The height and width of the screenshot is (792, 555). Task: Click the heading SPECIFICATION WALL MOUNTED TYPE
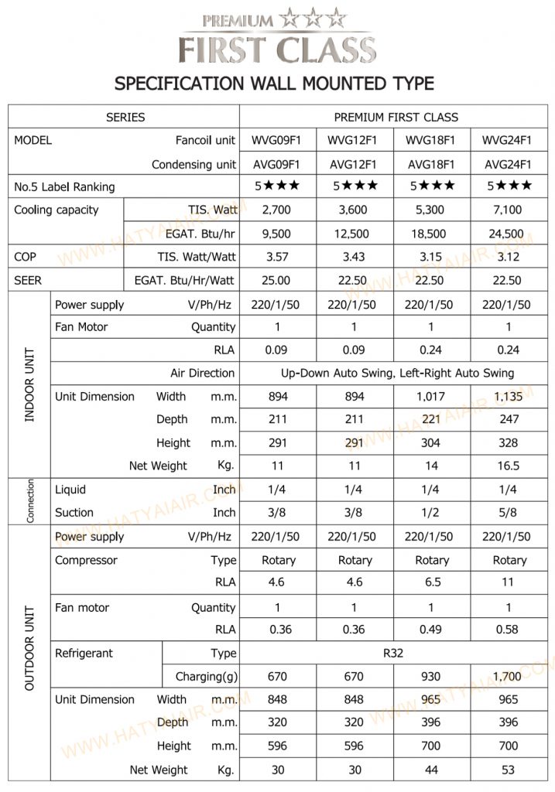pyautogui.click(x=274, y=83)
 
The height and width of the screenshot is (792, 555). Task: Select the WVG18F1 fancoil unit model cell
pyautogui.click(x=431, y=140)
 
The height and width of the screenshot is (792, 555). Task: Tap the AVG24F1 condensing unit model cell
pyautogui.click(x=508, y=164)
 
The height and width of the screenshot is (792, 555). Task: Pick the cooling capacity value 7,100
pyautogui.click(x=508, y=210)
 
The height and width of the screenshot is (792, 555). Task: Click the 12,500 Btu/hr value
pyautogui.click(x=354, y=233)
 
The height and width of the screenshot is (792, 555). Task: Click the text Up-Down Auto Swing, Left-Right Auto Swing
pyautogui.click(x=397, y=373)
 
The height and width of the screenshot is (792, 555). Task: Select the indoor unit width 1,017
pyautogui.click(x=431, y=397)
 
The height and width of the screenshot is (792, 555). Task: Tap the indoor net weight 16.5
pyautogui.click(x=508, y=466)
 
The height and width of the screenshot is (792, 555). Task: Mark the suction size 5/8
pyautogui.click(x=508, y=512)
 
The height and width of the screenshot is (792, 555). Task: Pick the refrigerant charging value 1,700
pyautogui.click(x=508, y=677)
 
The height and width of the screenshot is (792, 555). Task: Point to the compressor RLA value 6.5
pyautogui.click(x=431, y=582)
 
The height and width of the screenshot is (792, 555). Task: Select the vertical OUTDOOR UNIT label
pyautogui.click(x=29, y=649)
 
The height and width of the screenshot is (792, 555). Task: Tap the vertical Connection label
pyautogui.click(x=30, y=501)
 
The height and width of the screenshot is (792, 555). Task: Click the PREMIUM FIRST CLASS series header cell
pyautogui.click(x=396, y=118)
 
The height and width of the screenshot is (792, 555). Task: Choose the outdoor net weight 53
pyautogui.click(x=508, y=770)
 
